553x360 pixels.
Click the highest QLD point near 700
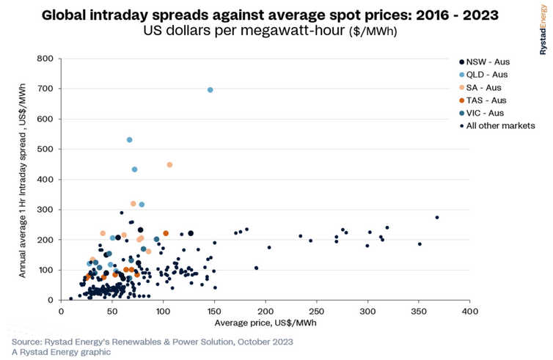tap(210, 90)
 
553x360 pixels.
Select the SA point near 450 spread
tap(169, 165)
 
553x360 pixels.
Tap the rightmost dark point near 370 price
tap(437, 218)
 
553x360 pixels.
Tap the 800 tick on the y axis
tap(46, 59)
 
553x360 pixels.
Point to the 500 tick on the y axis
tap(46, 149)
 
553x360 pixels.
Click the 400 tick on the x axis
tap(470, 311)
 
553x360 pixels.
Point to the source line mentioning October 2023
tap(152, 342)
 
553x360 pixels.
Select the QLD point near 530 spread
tap(130, 140)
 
